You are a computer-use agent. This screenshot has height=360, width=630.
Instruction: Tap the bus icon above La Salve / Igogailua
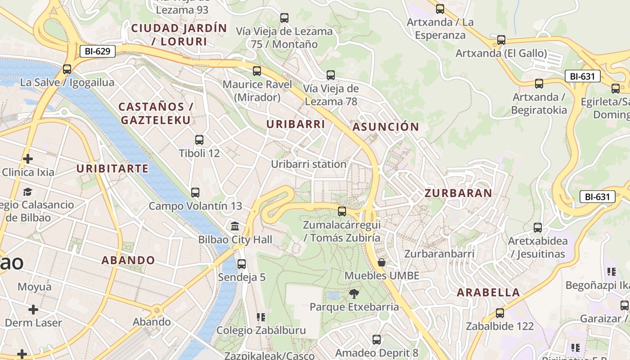67,69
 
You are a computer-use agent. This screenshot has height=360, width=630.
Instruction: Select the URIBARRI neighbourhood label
296,124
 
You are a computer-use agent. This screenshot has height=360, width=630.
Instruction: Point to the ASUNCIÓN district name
386,127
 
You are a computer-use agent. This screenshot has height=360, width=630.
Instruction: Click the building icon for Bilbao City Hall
235,226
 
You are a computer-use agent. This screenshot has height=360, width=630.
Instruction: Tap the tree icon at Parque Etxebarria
354,294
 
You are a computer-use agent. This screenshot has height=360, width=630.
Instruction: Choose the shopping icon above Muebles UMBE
382,262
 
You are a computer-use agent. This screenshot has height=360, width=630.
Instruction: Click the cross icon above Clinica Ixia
28,159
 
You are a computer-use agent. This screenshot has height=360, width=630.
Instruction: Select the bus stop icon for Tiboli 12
199,140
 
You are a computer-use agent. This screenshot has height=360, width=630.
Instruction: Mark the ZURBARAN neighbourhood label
459,193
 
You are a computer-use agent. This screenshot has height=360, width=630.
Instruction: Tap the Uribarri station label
308,164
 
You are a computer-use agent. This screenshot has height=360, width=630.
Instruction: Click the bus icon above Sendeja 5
242,264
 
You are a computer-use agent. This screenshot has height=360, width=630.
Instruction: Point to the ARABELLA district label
488,292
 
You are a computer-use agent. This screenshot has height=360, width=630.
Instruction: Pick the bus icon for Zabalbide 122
500,313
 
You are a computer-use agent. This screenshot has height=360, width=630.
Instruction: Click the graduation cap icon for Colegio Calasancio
28,192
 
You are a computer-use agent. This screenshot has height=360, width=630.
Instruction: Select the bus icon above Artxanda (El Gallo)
501,40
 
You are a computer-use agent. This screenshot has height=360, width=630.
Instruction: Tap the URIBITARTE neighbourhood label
112,169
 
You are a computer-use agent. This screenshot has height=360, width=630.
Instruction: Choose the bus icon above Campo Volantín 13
195,193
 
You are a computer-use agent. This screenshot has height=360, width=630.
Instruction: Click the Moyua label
35,287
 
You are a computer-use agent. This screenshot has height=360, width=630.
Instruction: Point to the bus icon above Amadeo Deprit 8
377,340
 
